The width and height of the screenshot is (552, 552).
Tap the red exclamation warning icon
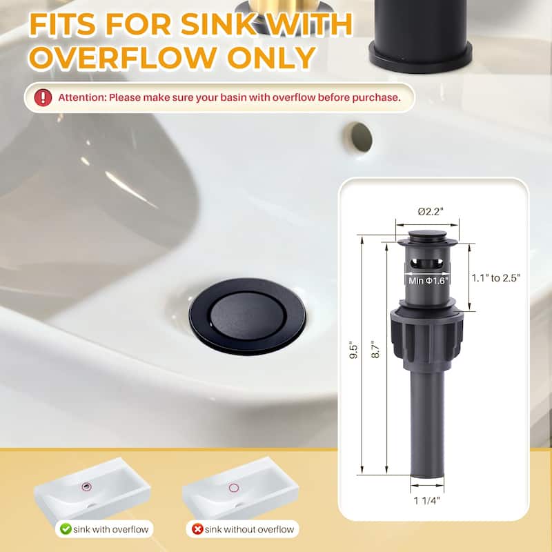43,97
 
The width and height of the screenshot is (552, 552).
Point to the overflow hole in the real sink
359,137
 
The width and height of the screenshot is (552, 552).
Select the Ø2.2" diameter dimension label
426,210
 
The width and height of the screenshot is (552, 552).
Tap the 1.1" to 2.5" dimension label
495,277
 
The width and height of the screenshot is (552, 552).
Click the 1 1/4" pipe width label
426,502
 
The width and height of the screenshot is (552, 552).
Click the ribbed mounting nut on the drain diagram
426,337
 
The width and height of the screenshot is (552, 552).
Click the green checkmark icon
66,529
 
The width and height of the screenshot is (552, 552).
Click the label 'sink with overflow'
110,529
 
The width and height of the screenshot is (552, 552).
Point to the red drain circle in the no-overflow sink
234,487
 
